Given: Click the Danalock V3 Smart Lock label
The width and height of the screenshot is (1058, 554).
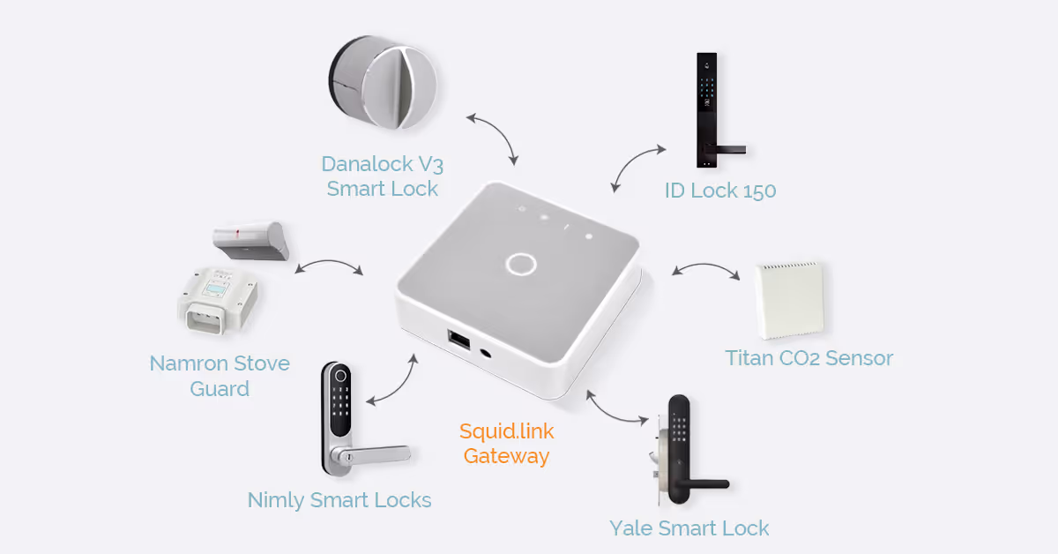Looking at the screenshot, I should pyautogui.click(x=382, y=176).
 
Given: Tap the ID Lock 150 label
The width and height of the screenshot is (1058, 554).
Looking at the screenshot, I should pyautogui.click(x=720, y=191).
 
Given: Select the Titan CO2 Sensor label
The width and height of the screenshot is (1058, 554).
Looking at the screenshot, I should pyautogui.click(x=808, y=358).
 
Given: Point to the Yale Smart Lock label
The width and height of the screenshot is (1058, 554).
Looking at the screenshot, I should pyautogui.click(x=689, y=528).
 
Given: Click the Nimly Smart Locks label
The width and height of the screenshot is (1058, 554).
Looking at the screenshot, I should pyautogui.click(x=339, y=501).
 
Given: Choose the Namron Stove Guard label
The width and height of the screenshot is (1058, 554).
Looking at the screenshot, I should pyautogui.click(x=220, y=376).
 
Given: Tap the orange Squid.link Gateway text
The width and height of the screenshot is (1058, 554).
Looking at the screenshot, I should pyautogui.click(x=506, y=444).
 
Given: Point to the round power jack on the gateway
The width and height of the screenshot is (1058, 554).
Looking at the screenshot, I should pyautogui.click(x=487, y=353).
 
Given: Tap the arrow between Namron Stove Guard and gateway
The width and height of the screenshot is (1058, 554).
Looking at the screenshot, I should pyautogui.click(x=328, y=265).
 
